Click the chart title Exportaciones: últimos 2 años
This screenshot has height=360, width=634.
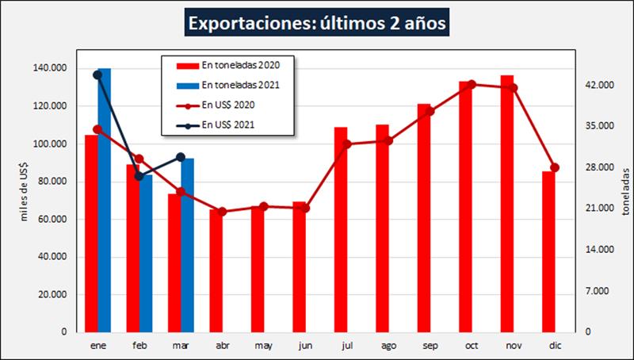(x=316, y=23)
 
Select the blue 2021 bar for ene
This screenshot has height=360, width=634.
(x=105, y=198)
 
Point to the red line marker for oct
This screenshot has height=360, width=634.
(x=472, y=84)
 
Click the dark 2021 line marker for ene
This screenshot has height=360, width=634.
(x=97, y=75)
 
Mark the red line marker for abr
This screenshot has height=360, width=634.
(x=223, y=212)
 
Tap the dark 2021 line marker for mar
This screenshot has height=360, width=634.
(x=181, y=157)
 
